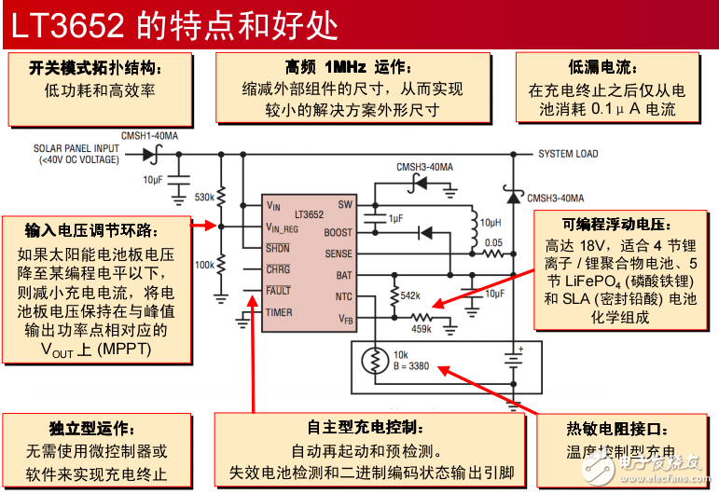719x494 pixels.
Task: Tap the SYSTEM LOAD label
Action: pos(568,154)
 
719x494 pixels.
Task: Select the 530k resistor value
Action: pos(204,198)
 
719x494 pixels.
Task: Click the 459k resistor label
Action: pos(422,328)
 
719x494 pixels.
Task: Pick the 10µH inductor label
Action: pos(492,223)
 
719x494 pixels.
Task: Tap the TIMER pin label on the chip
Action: pos(279,313)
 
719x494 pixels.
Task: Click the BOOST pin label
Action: pos(339,232)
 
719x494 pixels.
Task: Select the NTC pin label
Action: pos(344,296)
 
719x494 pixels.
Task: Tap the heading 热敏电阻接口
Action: pos(618,430)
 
